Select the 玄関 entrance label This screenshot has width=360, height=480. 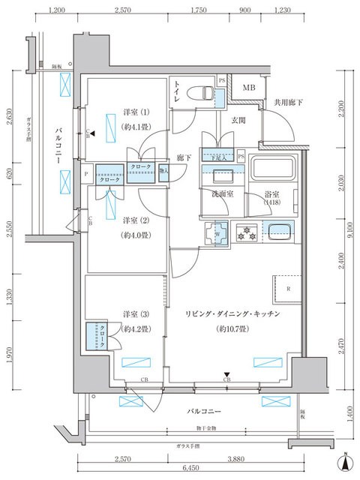238,121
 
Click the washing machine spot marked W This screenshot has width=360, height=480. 217,232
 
